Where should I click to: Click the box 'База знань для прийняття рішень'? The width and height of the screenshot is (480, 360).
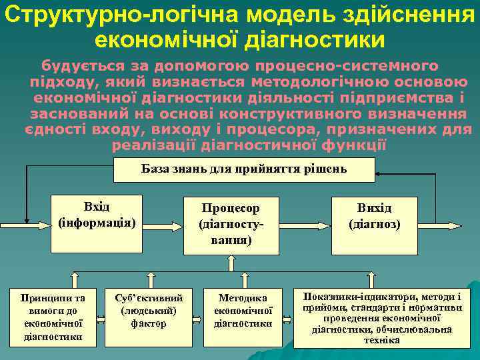point(244,169)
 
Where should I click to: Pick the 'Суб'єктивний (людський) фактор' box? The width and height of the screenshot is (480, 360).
point(149,310)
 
